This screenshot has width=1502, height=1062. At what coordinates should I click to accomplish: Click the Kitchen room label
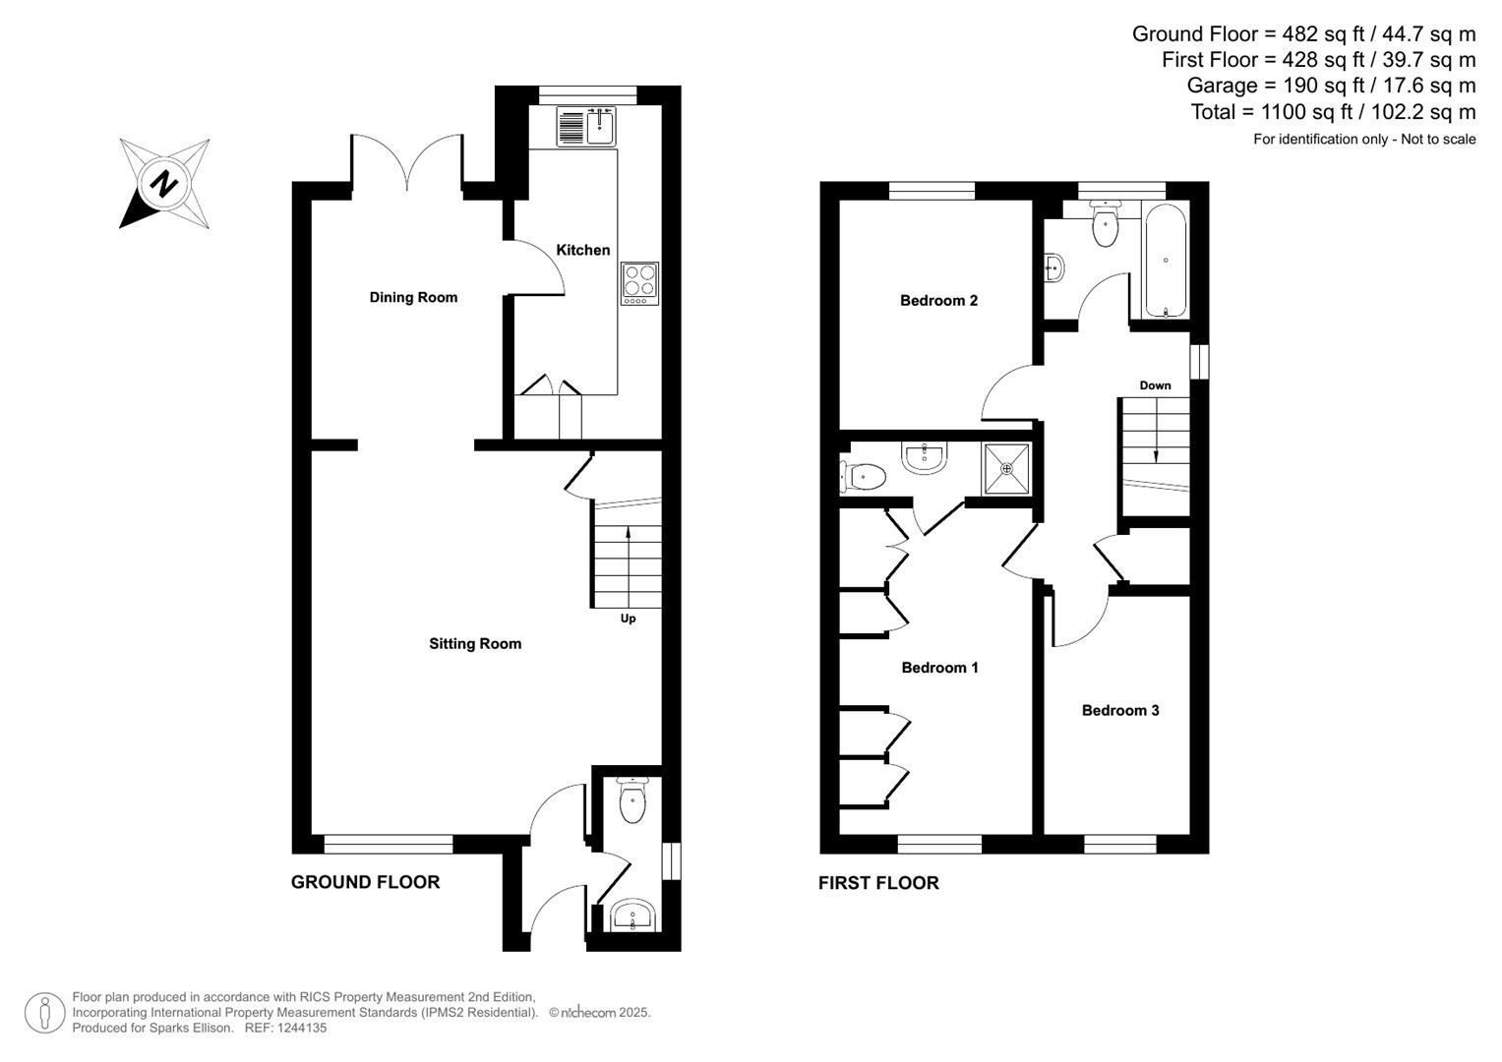[x=582, y=250]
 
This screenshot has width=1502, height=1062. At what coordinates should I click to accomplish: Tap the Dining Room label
[x=413, y=297]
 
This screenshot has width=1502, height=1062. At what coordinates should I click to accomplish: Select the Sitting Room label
[x=475, y=644]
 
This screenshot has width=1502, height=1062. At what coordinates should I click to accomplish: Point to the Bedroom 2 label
[x=938, y=301]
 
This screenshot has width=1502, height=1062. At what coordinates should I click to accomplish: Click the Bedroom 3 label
[x=1120, y=710]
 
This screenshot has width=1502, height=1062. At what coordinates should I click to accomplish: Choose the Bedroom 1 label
[x=939, y=668]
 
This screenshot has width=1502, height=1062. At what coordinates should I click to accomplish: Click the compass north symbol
[x=163, y=184]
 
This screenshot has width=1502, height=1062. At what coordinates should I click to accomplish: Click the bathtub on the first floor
[x=1166, y=261]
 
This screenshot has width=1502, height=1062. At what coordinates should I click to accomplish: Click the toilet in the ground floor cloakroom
[x=632, y=801]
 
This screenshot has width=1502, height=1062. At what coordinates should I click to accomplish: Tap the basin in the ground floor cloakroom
[x=631, y=915]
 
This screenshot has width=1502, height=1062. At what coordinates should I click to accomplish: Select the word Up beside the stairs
[x=628, y=619]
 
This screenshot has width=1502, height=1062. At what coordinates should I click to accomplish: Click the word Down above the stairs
[x=1155, y=385]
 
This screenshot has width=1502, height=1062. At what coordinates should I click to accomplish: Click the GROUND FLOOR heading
[x=365, y=882]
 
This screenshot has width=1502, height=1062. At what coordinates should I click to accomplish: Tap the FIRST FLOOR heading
[x=878, y=883]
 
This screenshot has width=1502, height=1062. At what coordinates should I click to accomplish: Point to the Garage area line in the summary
[x=1331, y=86]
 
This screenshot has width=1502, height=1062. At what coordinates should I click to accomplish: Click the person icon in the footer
[x=44, y=1012]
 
